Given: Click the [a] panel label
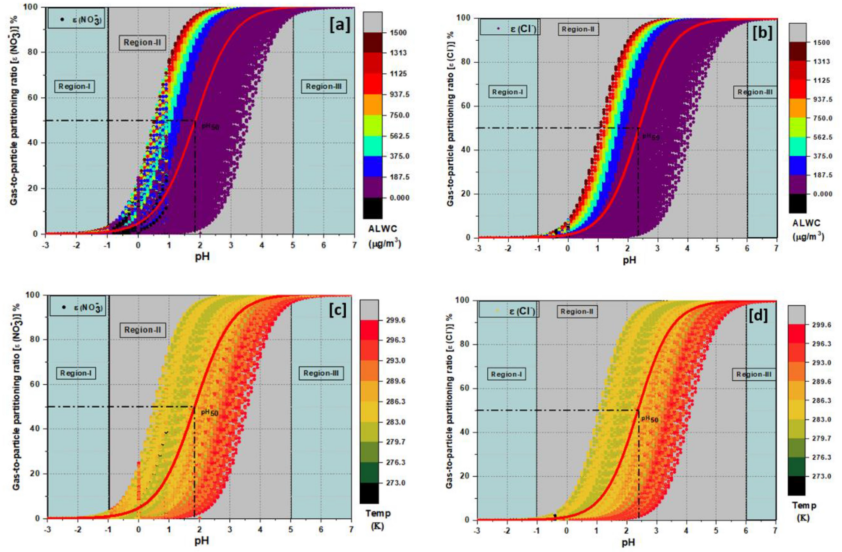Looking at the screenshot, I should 339,25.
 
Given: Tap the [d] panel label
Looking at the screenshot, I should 758,315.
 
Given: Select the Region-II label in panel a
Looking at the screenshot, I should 142,43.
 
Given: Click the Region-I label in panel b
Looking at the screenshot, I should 507,92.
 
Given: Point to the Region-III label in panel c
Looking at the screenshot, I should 321,373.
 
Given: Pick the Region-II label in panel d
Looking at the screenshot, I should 576,312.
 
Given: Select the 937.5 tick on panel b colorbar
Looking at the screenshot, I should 822,99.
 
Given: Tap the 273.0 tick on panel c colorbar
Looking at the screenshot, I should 395,483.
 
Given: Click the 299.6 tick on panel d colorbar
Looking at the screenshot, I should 821,325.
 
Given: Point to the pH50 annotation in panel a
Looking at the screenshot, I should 210,126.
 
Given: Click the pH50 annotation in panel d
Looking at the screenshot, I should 649,419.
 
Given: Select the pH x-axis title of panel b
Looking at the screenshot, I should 629,260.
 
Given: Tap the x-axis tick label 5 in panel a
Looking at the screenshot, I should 293,245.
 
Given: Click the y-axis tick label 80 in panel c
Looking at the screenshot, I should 35,339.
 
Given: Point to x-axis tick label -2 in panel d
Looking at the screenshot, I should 507,531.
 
